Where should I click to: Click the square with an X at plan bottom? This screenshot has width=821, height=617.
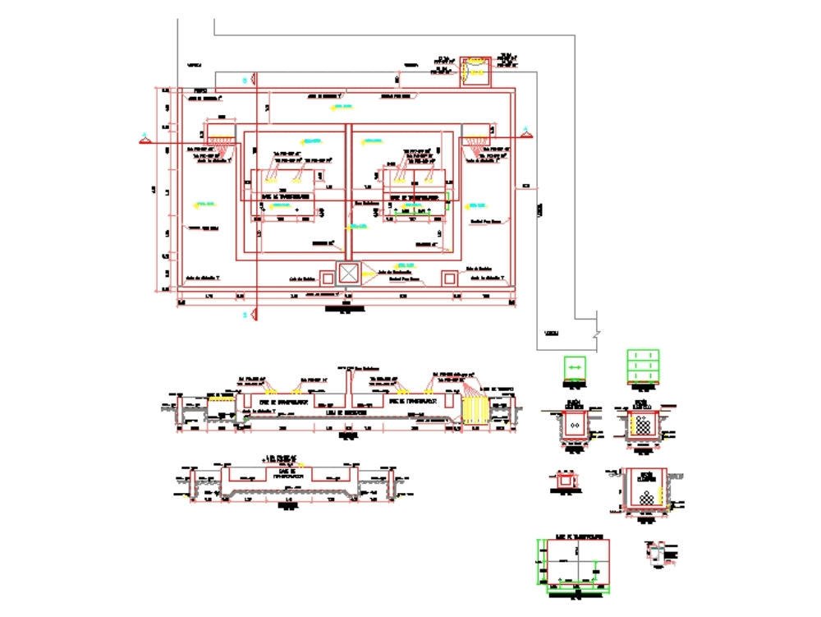pyautogui.click(x=350, y=274)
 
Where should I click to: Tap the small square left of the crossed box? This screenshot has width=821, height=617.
pyautogui.click(x=327, y=278)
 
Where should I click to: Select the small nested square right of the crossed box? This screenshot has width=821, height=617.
pyautogui.click(x=449, y=278)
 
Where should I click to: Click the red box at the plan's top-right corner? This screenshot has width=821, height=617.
pyautogui.click(x=475, y=71)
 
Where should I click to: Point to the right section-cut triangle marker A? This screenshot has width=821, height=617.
pyautogui.click(x=523, y=130)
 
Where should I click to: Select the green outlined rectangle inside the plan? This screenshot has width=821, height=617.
pyautogui.click(x=420, y=210)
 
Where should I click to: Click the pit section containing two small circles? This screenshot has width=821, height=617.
pyautogui.click(x=575, y=426)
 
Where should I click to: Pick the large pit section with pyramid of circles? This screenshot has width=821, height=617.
pyautogui.click(x=646, y=493)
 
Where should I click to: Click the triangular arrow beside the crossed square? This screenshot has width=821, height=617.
pyautogui.click(x=367, y=274)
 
